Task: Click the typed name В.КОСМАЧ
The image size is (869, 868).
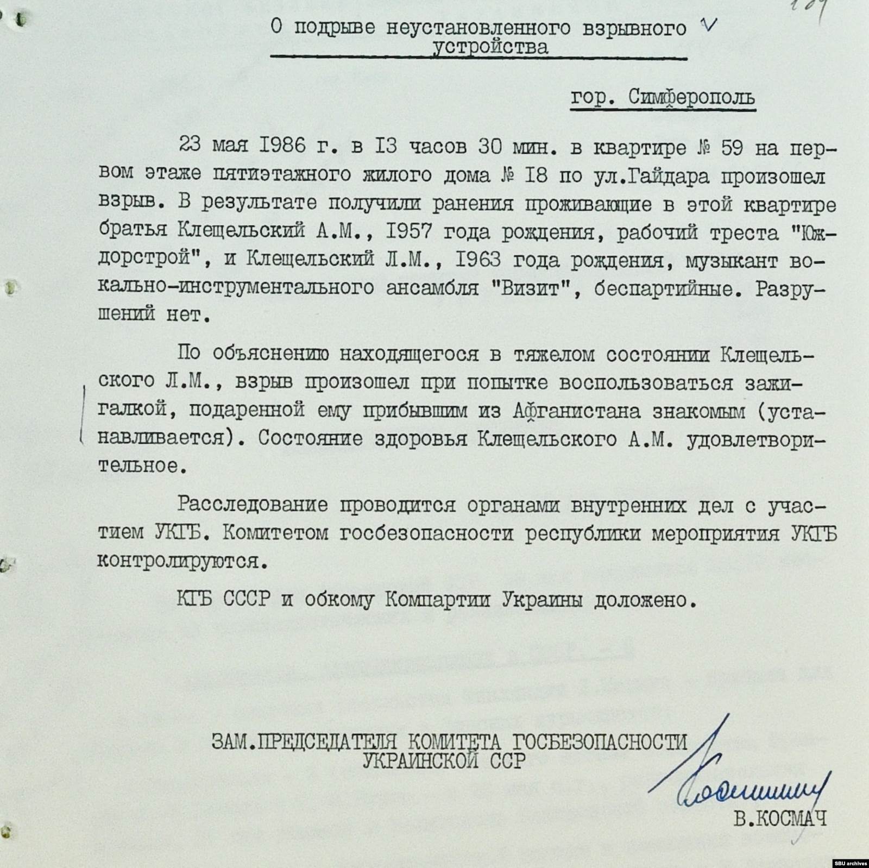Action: point(780,819)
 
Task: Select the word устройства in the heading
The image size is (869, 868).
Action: point(490,48)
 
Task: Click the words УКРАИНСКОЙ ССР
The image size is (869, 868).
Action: point(444,760)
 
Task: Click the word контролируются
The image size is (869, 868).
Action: point(182,562)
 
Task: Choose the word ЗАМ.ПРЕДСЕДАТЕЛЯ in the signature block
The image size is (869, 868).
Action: point(304,741)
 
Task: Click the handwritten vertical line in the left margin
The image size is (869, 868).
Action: point(83,413)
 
